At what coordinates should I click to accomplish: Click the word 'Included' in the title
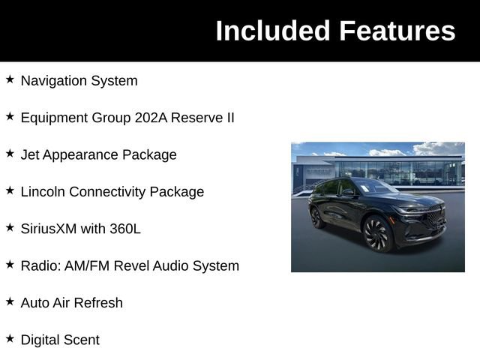[272, 31]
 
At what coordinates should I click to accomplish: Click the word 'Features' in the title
[397, 31]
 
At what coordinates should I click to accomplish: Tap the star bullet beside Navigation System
[10, 79]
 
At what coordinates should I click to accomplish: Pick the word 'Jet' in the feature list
[31, 154]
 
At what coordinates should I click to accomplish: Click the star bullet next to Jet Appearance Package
[10, 153]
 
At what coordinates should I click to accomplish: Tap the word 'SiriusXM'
[49, 229]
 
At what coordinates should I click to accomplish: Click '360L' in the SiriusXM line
[124, 229]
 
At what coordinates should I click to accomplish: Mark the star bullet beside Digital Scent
[10, 338]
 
